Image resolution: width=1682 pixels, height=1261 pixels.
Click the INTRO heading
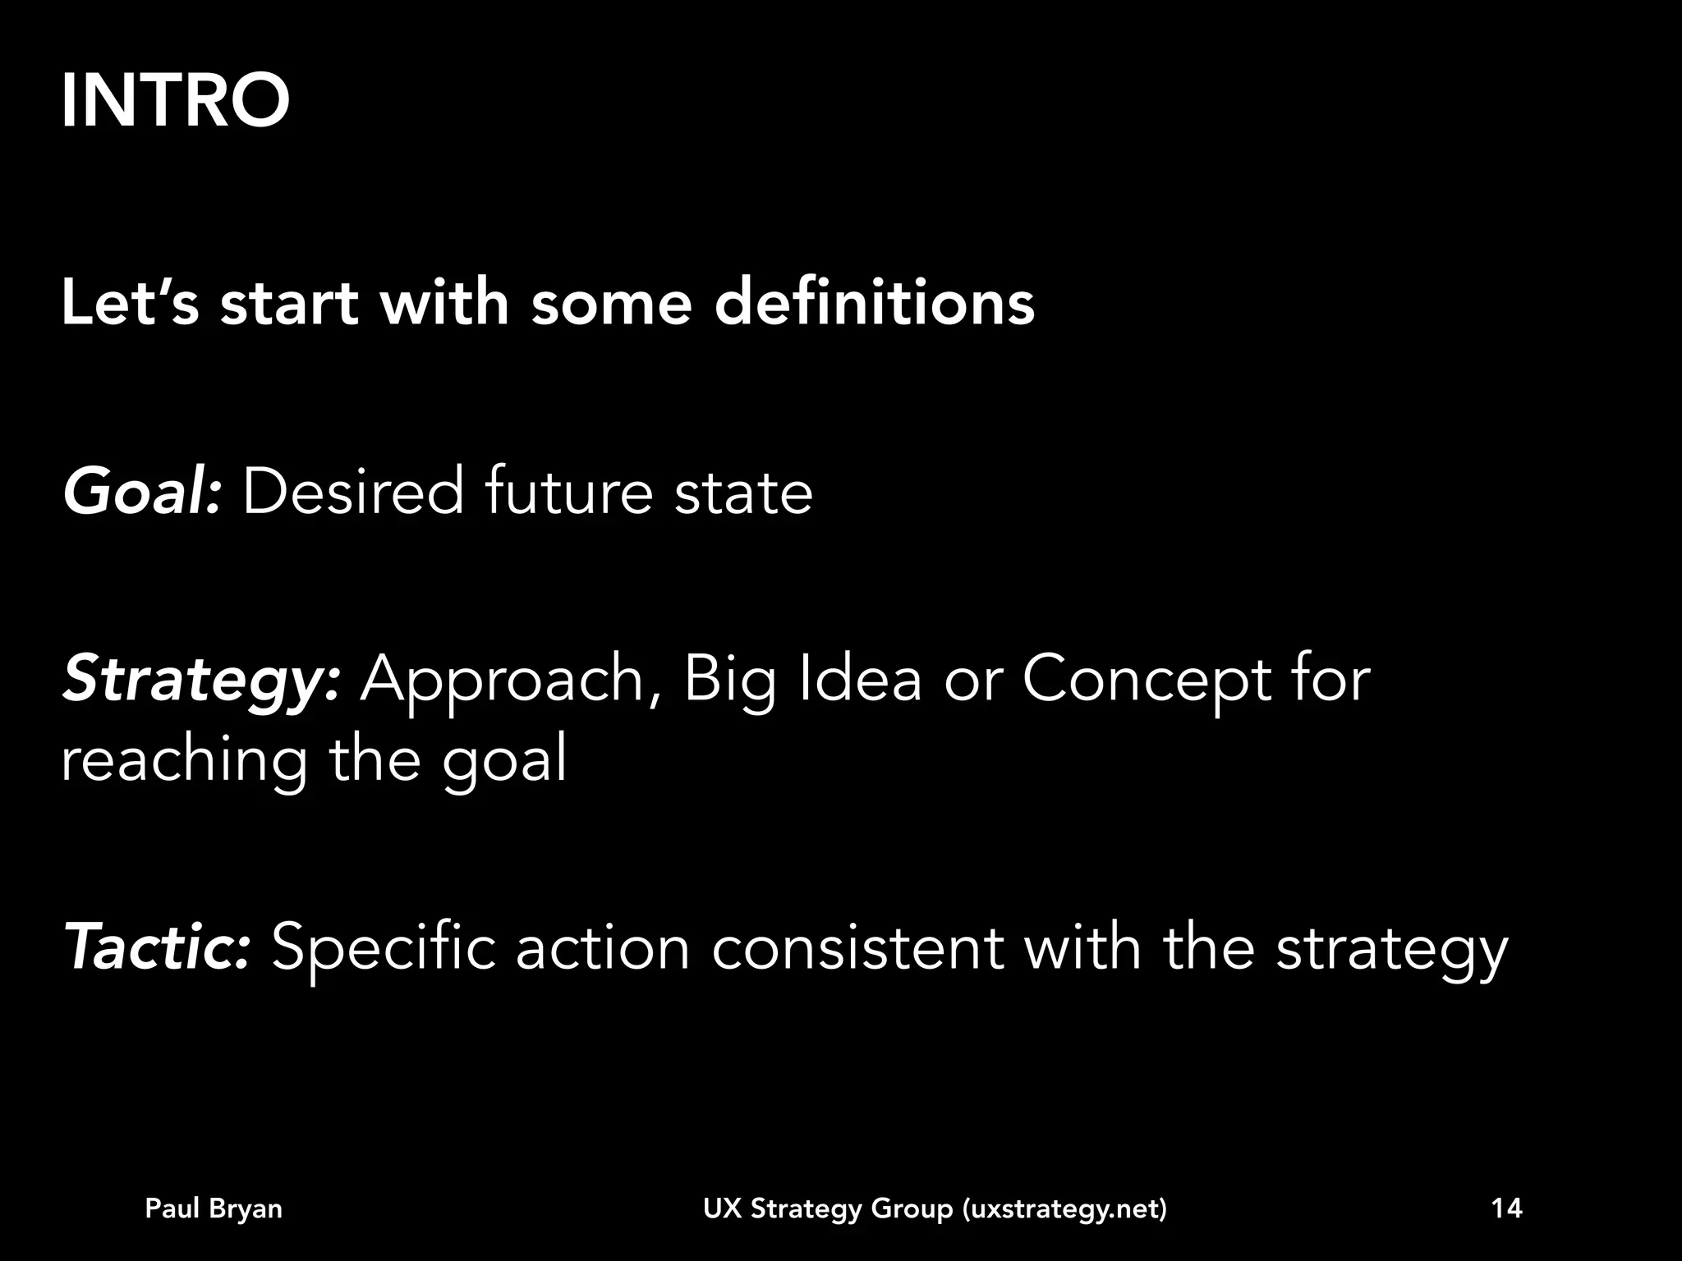click(x=175, y=101)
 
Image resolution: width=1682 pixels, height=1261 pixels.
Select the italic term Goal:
click(x=142, y=492)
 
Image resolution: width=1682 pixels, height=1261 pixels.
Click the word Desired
click(x=353, y=492)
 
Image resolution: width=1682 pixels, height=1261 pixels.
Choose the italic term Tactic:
click(x=157, y=947)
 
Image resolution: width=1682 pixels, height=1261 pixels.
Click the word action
click(x=603, y=947)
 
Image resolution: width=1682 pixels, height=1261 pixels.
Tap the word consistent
click(x=857, y=947)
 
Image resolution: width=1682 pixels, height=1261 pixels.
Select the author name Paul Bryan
click(x=214, y=1208)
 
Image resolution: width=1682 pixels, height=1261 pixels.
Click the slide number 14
click(x=1506, y=1208)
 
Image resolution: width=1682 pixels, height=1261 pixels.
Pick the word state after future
click(x=743, y=492)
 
